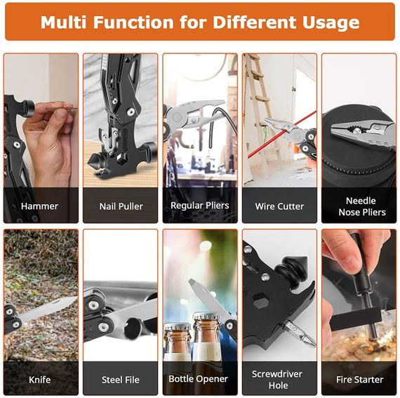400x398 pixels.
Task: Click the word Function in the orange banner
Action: (133, 22)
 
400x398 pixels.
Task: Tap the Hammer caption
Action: (39, 206)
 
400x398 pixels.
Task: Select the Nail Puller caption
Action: (121, 206)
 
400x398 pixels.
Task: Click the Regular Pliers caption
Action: (200, 206)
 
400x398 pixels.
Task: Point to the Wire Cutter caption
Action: (279, 206)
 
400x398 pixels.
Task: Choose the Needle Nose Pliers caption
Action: (362, 206)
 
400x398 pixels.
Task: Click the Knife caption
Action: (39, 380)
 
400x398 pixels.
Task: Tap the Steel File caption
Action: (121, 380)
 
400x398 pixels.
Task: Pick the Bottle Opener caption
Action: (198, 379)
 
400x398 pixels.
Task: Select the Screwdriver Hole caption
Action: (277, 379)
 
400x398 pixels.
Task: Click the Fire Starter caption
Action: (360, 380)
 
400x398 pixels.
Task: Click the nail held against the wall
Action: (61, 109)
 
